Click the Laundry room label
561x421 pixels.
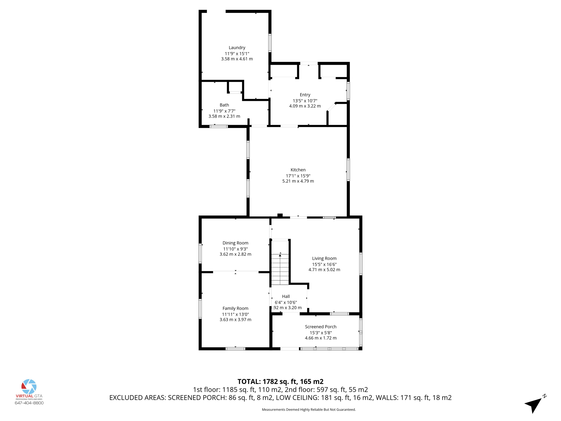237,48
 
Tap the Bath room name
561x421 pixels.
224,105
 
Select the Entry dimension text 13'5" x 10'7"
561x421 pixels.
305,101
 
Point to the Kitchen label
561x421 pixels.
298,170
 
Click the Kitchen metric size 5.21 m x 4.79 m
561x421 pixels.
298,181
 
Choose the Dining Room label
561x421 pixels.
235,243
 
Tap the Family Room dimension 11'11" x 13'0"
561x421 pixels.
235,314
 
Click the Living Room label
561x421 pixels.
324,258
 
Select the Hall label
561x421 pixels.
286,296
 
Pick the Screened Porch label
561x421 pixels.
320,327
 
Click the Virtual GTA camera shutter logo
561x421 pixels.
29,386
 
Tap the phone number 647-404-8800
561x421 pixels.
29,403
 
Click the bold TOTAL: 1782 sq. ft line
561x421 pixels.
280,382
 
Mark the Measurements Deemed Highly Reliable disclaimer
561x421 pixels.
309,409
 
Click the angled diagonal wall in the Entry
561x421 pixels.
331,107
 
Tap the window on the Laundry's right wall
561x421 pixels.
270,43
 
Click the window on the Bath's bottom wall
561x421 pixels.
219,126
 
